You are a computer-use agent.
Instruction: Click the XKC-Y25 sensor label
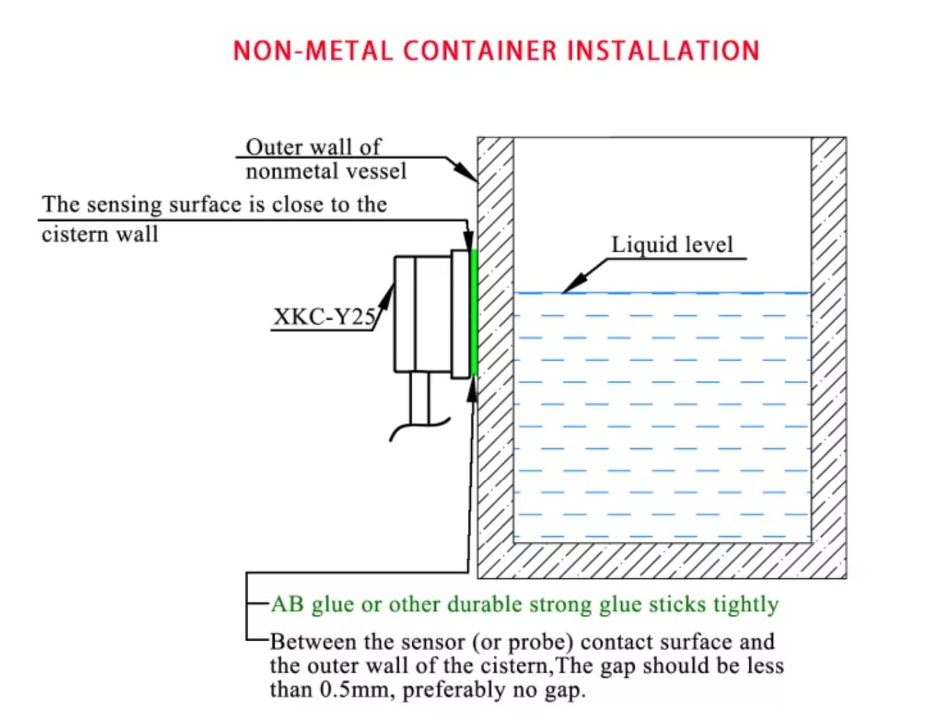pos(323,317)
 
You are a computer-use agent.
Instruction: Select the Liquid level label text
pos(672,245)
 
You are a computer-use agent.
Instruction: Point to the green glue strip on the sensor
pos(474,312)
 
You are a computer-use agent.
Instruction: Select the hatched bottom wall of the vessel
pos(661,561)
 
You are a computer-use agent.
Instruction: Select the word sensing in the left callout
pos(125,205)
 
